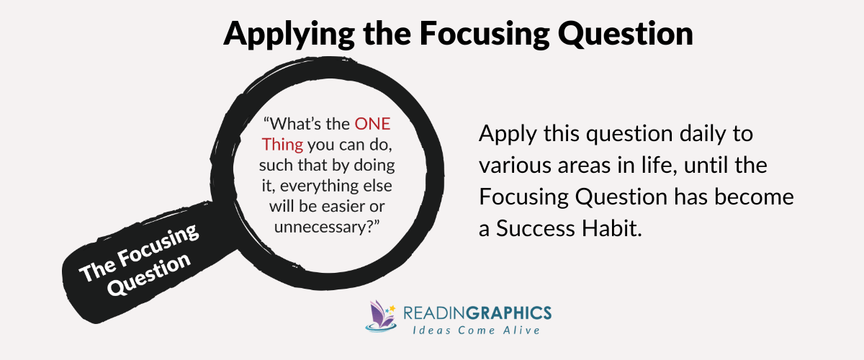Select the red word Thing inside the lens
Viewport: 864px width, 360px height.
point(279,144)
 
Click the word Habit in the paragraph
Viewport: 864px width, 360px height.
point(618,230)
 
